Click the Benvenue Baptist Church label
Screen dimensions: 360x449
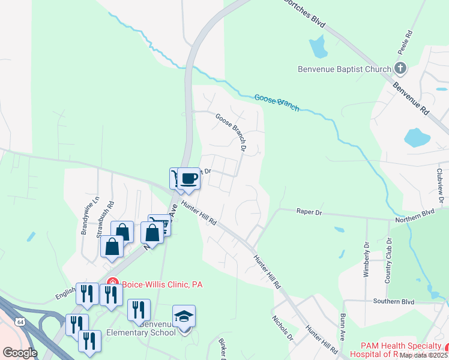345,69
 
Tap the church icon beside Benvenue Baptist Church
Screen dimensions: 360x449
400,69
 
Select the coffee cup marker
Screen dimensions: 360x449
189,178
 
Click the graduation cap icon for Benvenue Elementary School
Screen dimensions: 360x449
184,316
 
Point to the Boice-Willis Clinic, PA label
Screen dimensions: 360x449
161,284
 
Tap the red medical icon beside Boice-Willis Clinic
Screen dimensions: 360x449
112,283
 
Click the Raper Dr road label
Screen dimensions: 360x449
310,212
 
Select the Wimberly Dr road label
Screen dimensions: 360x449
366,259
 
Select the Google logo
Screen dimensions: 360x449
20,353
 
